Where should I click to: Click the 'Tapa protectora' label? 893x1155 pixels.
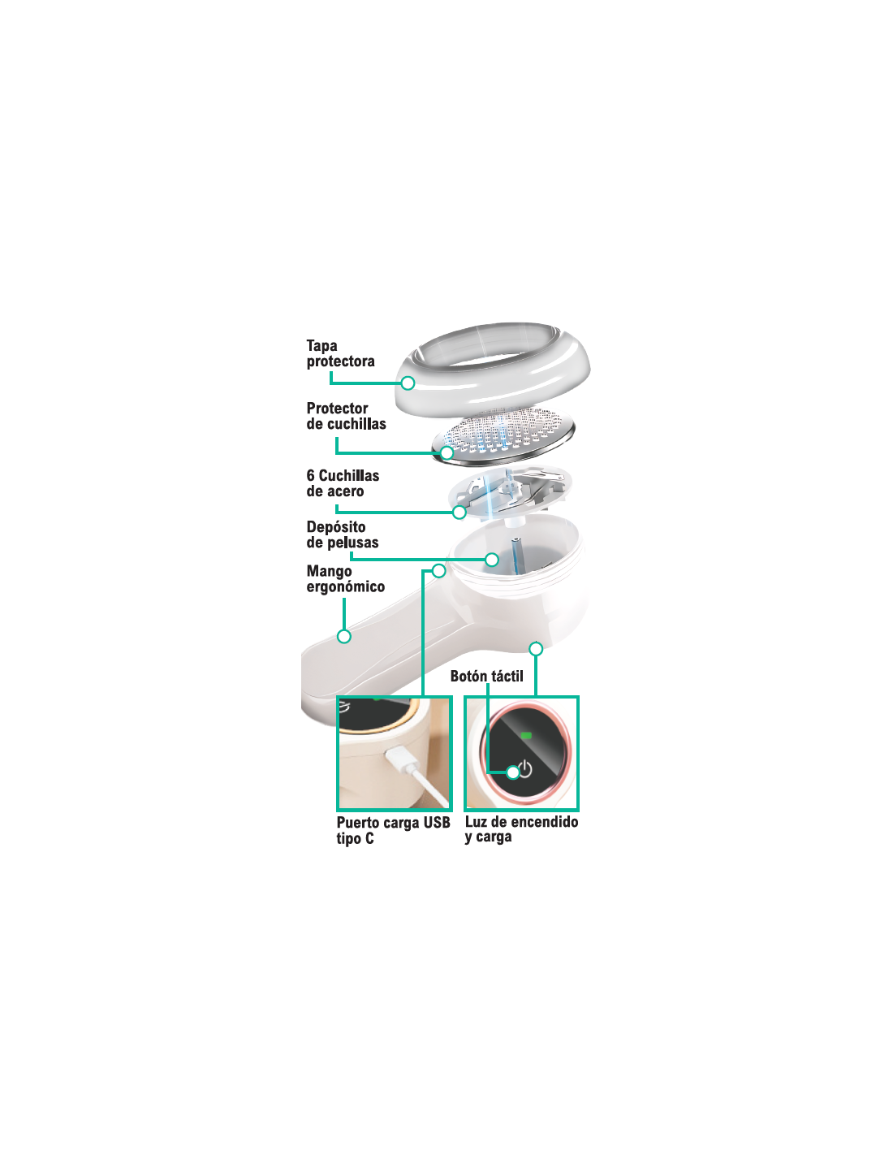pyautogui.click(x=340, y=353)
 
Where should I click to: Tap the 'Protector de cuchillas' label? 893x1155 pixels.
pyautogui.click(x=346, y=416)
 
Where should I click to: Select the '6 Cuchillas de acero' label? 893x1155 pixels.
pyautogui.click(x=343, y=483)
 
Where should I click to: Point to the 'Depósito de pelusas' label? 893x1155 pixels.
pyautogui.click(x=342, y=534)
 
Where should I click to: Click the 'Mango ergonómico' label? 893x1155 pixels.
pyautogui.click(x=345, y=579)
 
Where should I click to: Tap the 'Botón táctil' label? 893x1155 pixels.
pyautogui.click(x=486, y=676)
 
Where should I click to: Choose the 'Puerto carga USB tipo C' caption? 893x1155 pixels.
pyautogui.click(x=393, y=830)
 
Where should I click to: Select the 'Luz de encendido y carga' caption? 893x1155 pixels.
pyautogui.click(x=521, y=829)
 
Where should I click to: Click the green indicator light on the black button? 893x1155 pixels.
pyautogui.click(x=526, y=735)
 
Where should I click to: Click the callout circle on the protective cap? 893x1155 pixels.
pyautogui.click(x=408, y=383)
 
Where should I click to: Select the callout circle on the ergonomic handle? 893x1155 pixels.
pyautogui.click(x=344, y=636)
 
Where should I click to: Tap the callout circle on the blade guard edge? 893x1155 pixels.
pyautogui.click(x=447, y=453)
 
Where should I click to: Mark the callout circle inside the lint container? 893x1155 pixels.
pyautogui.click(x=492, y=559)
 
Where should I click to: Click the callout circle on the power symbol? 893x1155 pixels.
pyautogui.click(x=512, y=772)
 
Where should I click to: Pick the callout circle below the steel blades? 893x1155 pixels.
pyautogui.click(x=459, y=513)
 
